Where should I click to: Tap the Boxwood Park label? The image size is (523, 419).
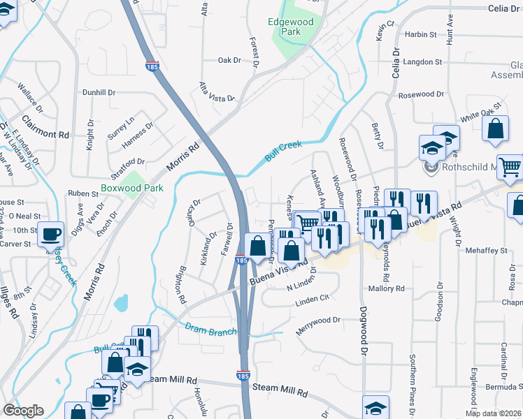click(131, 188)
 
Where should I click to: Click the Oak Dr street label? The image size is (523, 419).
click(229, 60)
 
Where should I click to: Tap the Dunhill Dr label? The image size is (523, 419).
click(99, 92)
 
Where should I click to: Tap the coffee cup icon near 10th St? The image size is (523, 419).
click(52, 234)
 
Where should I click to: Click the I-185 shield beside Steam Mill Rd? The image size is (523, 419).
click(243, 375)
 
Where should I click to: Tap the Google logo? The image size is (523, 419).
click(23, 411)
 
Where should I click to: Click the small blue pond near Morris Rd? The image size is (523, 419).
click(122, 303)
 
